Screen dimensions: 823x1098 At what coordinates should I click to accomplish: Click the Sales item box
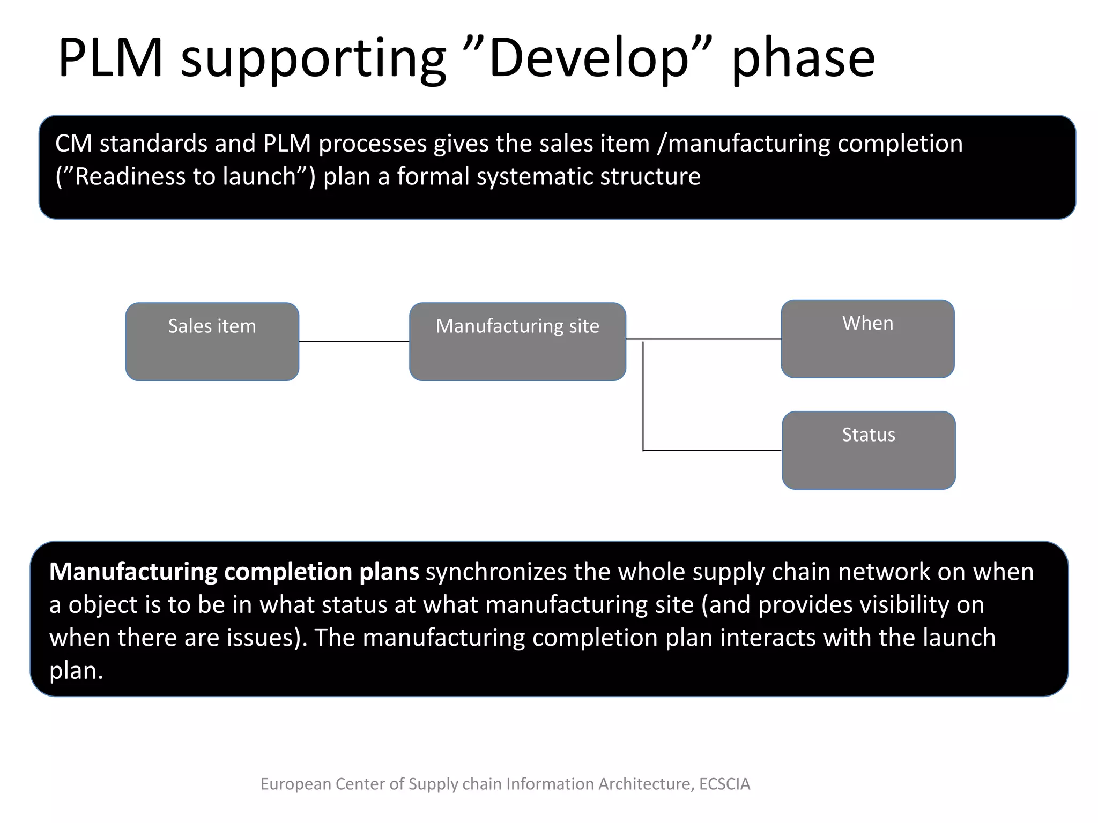click(212, 342)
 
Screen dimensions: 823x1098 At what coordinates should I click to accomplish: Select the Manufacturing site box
click(517, 342)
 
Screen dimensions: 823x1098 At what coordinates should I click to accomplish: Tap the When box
click(867, 339)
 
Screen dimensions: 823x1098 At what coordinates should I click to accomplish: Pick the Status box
click(869, 450)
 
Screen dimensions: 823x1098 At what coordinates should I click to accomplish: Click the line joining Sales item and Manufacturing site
click(354, 341)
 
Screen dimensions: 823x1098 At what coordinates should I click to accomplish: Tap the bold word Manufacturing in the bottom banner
click(133, 572)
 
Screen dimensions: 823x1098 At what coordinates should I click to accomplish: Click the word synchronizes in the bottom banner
click(496, 572)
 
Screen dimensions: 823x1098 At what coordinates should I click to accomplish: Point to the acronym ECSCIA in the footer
click(724, 784)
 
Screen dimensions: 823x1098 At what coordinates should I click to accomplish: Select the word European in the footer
click(295, 784)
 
